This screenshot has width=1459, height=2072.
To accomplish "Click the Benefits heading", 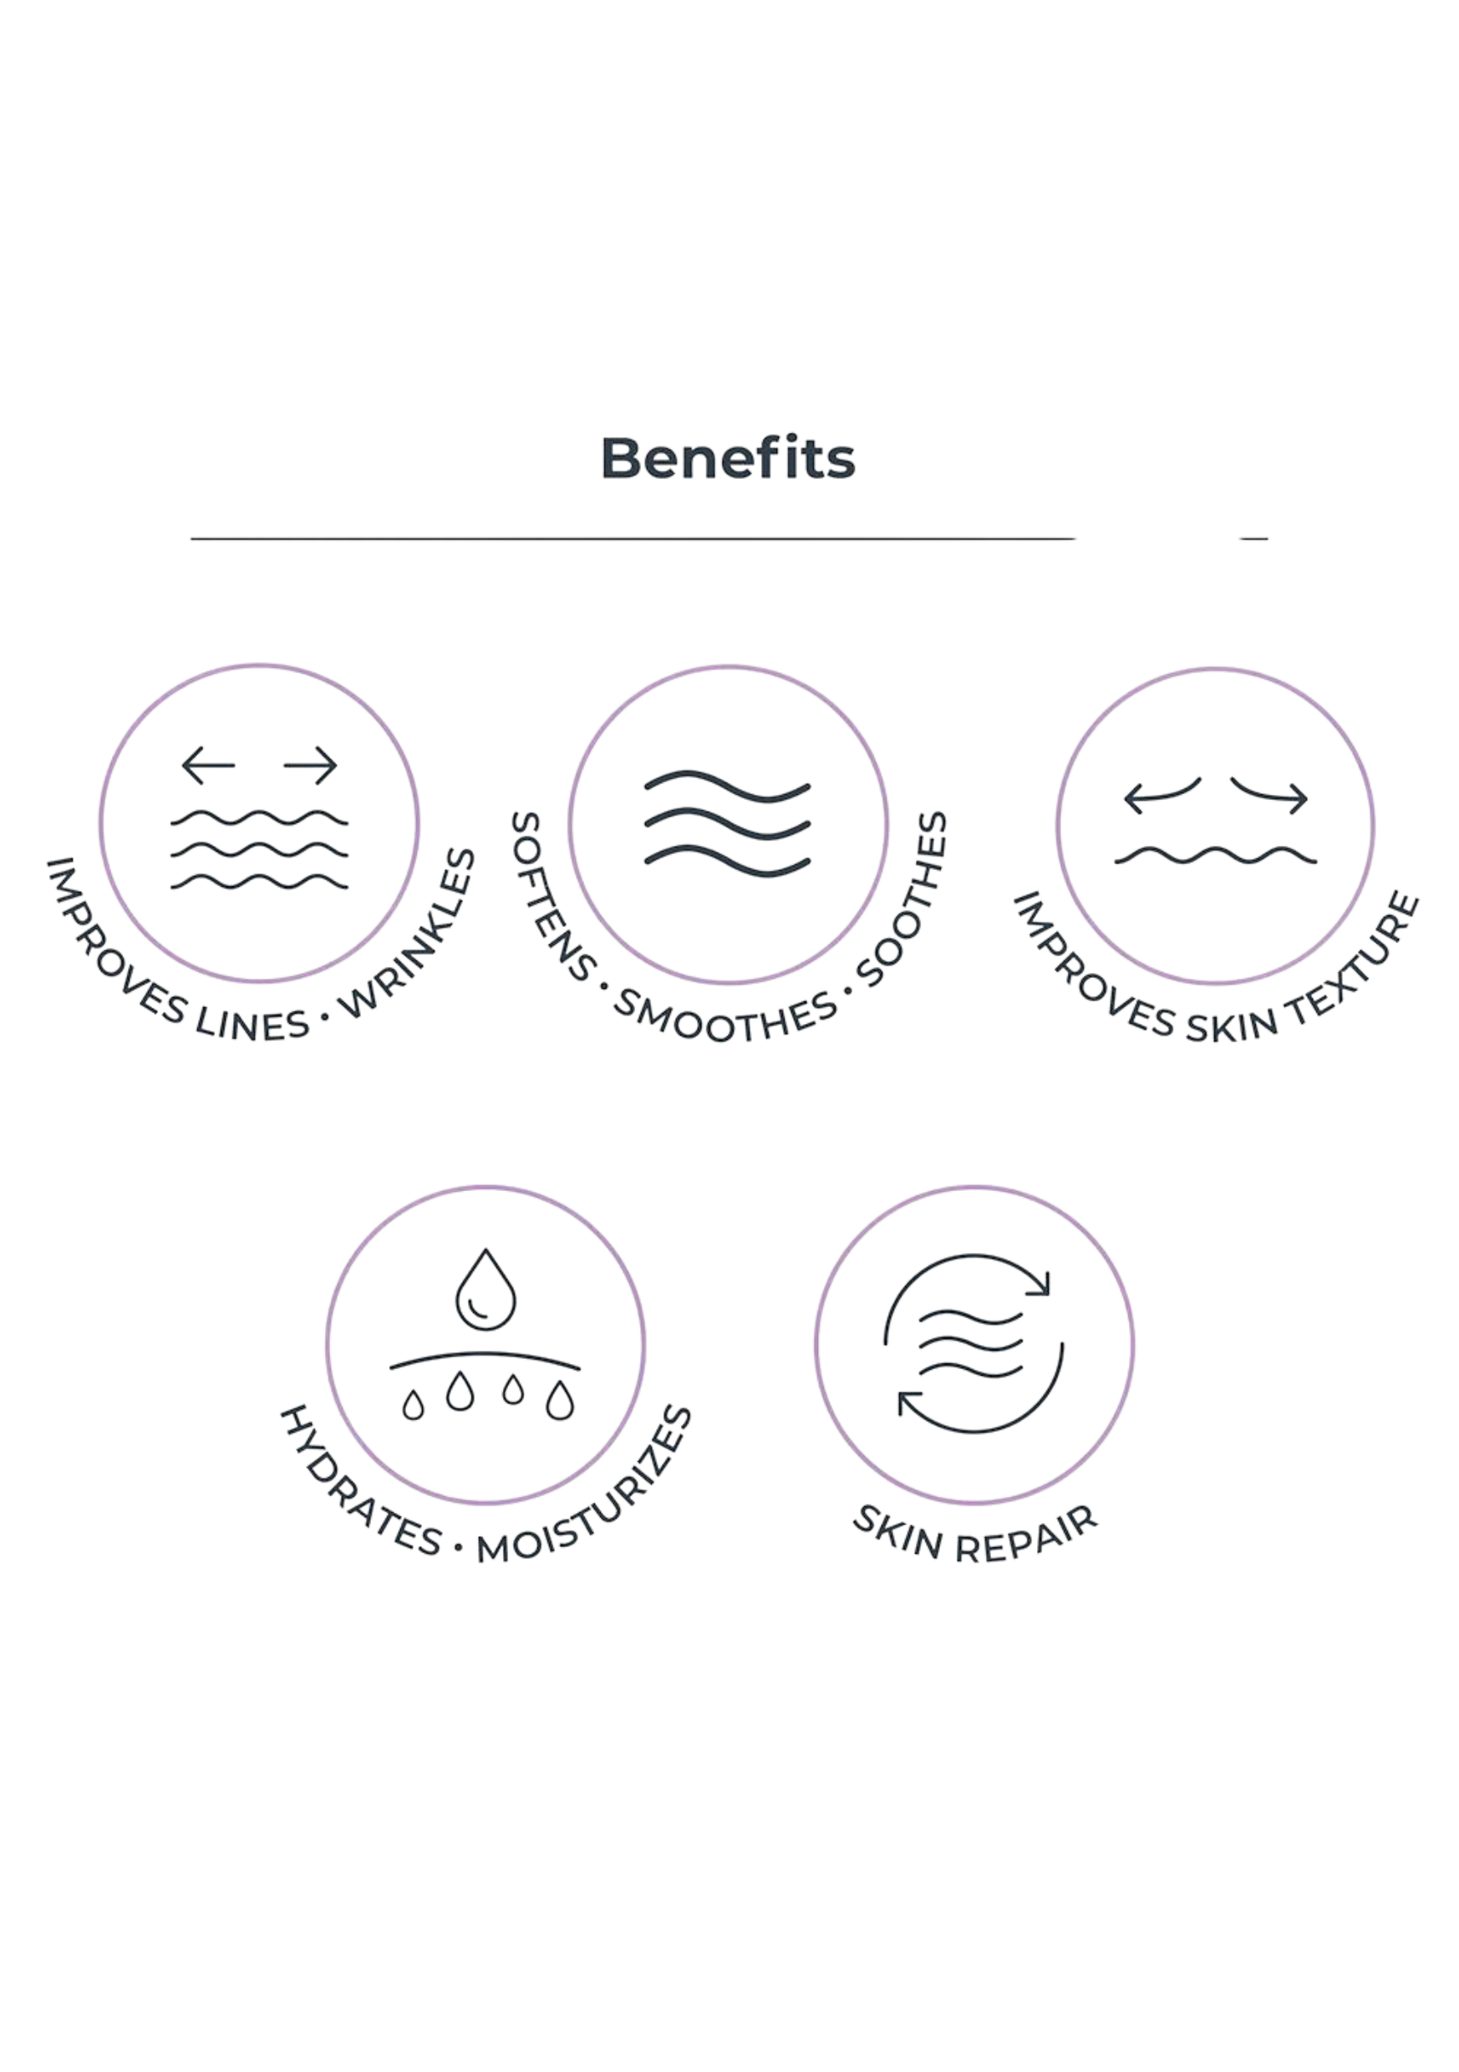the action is (727, 457).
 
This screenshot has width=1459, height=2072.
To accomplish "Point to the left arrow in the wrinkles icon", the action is (208, 766).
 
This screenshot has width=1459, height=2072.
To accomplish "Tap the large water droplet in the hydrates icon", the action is (485, 1290).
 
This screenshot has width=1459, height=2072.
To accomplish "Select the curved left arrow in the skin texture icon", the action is (1162, 795).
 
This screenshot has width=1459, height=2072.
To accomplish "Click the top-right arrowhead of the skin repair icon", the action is (1041, 1283).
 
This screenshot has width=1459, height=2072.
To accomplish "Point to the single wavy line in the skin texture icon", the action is (1215, 856).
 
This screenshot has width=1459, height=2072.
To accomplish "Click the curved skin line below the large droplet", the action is (485, 1359).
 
